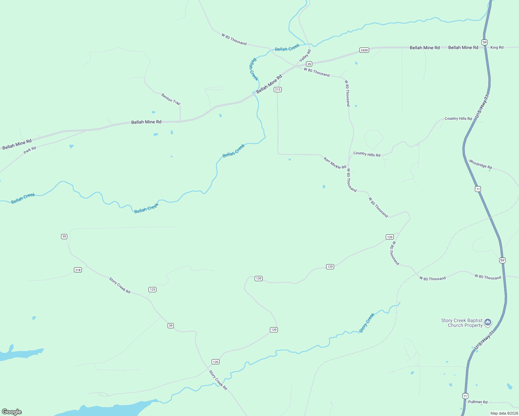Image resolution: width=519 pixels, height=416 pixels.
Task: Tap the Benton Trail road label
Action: (x=171, y=99)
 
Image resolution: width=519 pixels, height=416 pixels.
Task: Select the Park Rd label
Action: (x=30, y=150)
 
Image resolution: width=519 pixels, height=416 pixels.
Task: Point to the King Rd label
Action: (x=497, y=47)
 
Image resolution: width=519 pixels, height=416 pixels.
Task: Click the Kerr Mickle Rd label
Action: (x=335, y=163)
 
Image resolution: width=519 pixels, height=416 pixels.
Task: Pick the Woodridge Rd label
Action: (x=480, y=164)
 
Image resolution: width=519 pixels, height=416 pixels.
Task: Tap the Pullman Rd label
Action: (x=478, y=402)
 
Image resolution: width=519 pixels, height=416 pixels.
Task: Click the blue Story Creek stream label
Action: (x=367, y=323)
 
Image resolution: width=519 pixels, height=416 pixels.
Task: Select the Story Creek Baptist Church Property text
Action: (x=462, y=323)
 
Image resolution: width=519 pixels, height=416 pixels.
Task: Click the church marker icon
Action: (x=488, y=323)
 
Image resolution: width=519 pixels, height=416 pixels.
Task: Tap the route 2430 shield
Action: (x=364, y=50)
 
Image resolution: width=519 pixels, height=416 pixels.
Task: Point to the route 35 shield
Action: (x=309, y=64)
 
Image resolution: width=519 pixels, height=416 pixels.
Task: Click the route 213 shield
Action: (x=278, y=89)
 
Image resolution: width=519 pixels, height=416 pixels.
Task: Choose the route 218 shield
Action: (x=78, y=270)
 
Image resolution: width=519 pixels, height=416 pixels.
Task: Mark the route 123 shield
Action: (x=152, y=289)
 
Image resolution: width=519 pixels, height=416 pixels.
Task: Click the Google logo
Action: (x=12, y=412)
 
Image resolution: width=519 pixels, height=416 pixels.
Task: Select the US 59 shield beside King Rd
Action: (x=485, y=42)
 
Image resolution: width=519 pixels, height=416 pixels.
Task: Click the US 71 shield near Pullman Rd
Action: (x=465, y=396)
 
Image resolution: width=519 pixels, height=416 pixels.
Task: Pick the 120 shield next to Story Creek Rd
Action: (x=215, y=362)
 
